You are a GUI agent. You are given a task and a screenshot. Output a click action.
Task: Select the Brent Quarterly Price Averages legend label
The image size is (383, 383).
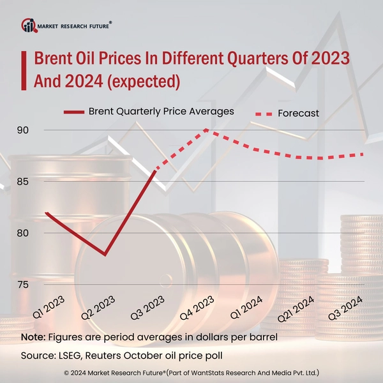pyautogui.click(x=161, y=110)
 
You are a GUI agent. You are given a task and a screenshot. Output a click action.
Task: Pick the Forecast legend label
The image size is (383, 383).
pyautogui.click(x=298, y=113)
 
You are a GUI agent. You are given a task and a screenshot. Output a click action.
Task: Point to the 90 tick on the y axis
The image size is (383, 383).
pyautogui.click(x=24, y=130)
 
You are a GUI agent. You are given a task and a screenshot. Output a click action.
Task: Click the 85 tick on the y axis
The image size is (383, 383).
pyautogui.click(x=24, y=181)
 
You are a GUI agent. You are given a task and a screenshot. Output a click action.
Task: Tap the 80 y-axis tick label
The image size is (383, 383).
pyautogui.click(x=24, y=232)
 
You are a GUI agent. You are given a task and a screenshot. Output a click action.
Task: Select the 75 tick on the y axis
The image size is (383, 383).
pyautogui.click(x=24, y=284)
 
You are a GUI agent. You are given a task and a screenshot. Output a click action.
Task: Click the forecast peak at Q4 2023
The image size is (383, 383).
pyautogui.click(x=207, y=130)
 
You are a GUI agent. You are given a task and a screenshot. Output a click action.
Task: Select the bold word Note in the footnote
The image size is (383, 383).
pyautogui.click(x=33, y=336)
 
